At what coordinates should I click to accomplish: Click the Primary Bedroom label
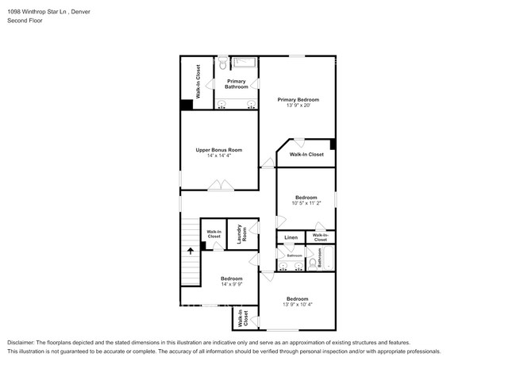tap(298, 99)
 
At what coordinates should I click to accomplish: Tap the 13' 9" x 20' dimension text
tap(298, 106)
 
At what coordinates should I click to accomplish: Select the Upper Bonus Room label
tap(219, 149)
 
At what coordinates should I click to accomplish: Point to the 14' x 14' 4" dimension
tap(219, 156)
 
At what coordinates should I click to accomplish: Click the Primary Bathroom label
tap(237, 83)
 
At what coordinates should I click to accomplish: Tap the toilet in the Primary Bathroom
tap(223, 63)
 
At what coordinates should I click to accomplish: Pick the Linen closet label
tap(291, 237)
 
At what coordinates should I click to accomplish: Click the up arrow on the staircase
tap(191, 251)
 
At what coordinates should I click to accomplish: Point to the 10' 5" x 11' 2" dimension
tap(306, 203)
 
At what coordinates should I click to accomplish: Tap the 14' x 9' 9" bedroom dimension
tap(231, 284)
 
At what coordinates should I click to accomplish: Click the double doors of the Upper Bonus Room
tap(220, 186)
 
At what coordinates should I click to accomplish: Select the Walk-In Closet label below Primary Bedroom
tap(306, 154)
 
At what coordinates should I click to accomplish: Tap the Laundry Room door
tap(253, 260)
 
